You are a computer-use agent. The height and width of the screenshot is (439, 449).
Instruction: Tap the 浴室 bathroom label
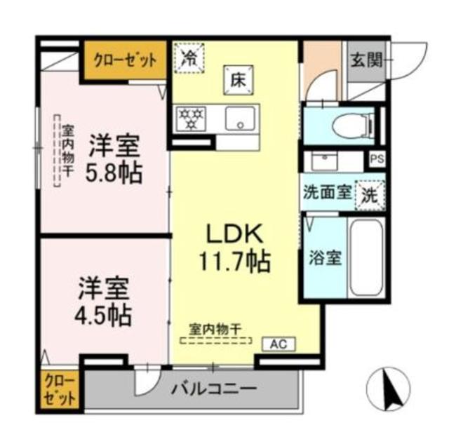326,257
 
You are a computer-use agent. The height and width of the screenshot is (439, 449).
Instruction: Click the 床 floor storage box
235,79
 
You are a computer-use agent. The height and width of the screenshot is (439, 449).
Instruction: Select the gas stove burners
188,119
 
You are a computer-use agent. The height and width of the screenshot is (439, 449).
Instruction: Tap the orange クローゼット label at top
126,60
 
